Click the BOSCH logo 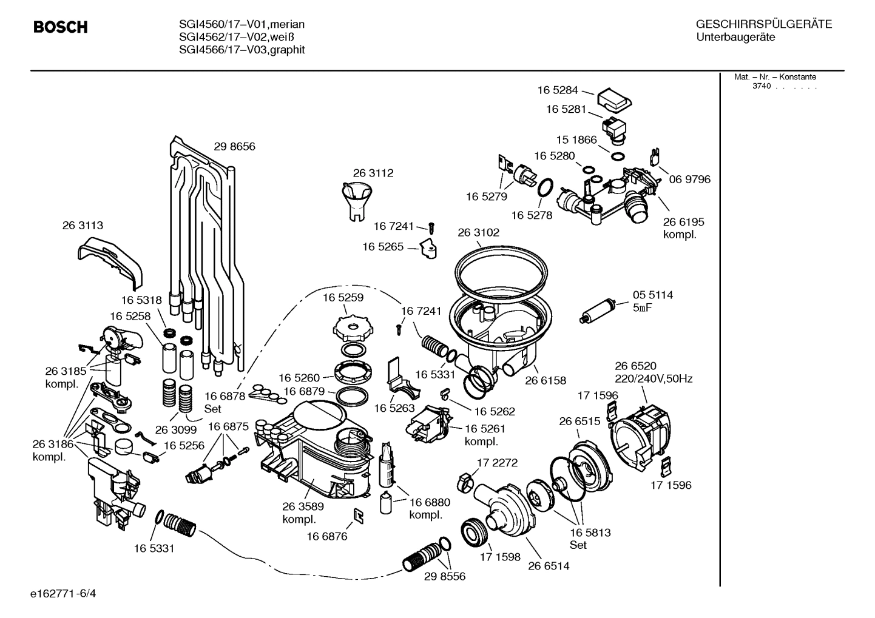(x=60, y=27)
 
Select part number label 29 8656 (x=234, y=146)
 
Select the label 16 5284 (x=558, y=90)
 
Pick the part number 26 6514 (x=549, y=566)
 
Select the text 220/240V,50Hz (x=654, y=378)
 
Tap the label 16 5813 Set (x=590, y=539)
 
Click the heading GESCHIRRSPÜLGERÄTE (x=763, y=25)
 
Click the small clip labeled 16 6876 (x=359, y=516)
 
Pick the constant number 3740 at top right (x=761, y=86)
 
